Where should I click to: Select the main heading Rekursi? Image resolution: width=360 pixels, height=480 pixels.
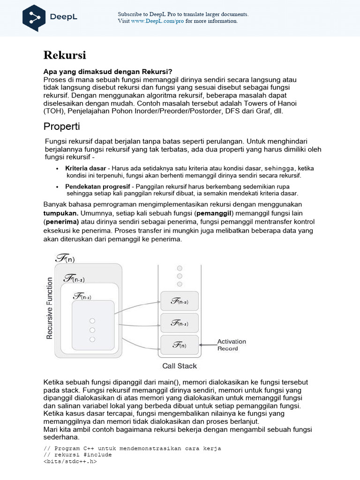pyautogui.click(x=65, y=55)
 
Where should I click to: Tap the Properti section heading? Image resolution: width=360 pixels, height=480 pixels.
pyautogui.click(x=62, y=127)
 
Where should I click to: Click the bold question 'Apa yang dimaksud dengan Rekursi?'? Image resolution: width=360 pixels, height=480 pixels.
pyautogui.click(x=108, y=72)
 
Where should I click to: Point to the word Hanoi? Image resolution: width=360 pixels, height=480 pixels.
pyautogui.click(x=286, y=103)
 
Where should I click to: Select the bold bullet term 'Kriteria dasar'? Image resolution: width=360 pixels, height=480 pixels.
pyautogui.click(x=86, y=168)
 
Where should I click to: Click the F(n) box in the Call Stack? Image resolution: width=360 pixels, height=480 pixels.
pyautogui.click(x=180, y=345)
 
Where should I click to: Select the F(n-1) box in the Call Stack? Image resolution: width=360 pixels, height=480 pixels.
pyautogui.click(x=180, y=323)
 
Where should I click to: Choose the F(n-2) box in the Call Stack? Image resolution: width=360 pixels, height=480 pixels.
pyautogui.click(x=180, y=301)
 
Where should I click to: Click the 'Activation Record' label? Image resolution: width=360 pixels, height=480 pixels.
pyautogui.click(x=232, y=345)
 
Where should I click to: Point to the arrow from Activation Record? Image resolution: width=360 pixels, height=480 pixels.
pyautogui.click(x=208, y=345)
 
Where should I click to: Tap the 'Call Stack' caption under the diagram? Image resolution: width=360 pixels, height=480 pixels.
pyautogui.click(x=180, y=366)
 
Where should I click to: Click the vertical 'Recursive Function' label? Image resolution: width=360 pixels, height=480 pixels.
pyautogui.click(x=50, y=307)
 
